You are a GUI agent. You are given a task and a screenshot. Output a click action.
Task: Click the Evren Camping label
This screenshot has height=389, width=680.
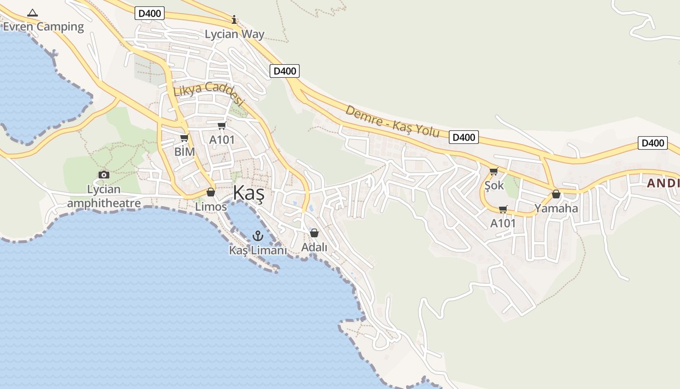pos(43,27)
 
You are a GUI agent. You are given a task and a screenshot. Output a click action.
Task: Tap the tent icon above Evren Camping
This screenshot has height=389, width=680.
pos(33,13)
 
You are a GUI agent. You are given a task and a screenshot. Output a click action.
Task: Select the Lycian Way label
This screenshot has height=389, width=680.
pos(235,34)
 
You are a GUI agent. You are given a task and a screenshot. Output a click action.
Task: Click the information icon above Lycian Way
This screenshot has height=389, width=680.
pos(234,19)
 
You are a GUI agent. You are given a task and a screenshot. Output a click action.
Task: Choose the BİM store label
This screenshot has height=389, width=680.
pos(185,152)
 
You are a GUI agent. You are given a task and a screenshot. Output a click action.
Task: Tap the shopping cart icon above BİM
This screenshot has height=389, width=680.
pos(184,138)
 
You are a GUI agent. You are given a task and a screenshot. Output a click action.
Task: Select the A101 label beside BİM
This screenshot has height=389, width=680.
pos(222,140)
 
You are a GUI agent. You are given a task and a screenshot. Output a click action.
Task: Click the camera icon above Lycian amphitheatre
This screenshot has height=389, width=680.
pos(103,175)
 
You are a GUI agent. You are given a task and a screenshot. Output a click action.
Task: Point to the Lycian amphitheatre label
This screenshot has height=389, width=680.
pos(104,196)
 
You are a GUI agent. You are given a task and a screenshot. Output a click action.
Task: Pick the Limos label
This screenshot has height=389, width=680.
pos(211,207)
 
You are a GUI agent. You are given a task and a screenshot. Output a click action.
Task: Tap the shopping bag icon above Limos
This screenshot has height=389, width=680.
pos(211,193)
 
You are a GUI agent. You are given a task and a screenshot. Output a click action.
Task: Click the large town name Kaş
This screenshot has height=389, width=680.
pos(248,193)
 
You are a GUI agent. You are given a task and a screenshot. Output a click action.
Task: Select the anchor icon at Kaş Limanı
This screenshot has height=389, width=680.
pos(258,236)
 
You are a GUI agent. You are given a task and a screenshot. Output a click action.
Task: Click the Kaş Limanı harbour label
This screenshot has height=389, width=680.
pos(258,250)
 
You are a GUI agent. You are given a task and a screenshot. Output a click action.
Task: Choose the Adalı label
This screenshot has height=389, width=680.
pos(314,248)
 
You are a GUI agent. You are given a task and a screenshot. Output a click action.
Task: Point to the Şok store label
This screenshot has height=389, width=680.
pos(494,185)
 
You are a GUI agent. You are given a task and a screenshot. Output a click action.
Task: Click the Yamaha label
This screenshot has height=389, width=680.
pos(556,209)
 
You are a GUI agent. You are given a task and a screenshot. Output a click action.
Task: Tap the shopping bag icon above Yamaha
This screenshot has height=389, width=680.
pos(556,194)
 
